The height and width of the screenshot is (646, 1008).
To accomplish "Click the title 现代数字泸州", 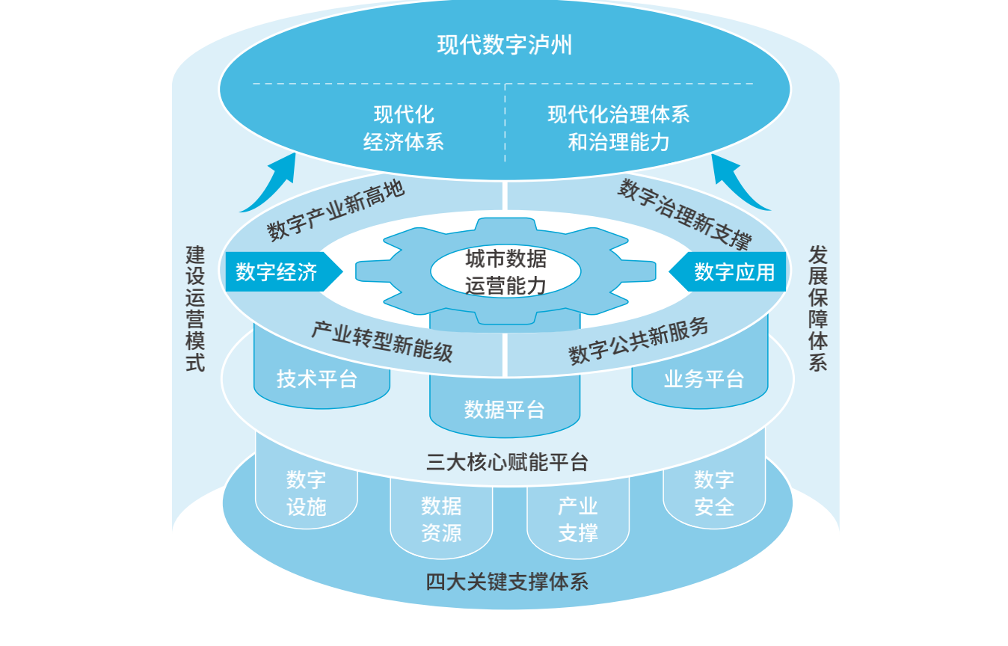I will click(505, 46).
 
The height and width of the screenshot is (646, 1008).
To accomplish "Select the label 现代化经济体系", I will click(404, 129).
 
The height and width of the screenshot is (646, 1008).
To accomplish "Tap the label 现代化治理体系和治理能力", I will click(618, 129).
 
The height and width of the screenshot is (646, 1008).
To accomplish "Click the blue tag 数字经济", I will click(277, 272).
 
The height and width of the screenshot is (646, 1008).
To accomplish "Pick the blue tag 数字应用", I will click(734, 272).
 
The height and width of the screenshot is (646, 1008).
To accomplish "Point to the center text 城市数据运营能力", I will click(505, 272).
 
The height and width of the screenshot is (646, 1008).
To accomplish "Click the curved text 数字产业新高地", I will click(336, 210).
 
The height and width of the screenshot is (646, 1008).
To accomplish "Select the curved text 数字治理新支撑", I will click(683, 214).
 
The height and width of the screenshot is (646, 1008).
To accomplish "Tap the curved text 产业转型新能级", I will click(381, 341).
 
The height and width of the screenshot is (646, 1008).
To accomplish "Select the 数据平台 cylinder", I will click(505, 410).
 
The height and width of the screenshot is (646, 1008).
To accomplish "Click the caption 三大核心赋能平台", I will click(507, 462).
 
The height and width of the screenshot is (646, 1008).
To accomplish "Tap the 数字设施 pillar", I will click(307, 493).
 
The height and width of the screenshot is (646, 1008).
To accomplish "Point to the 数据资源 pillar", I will click(441, 520).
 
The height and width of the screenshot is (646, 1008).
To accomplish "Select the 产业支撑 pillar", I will click(578, 520).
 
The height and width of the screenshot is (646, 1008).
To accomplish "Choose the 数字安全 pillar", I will click(714, 493).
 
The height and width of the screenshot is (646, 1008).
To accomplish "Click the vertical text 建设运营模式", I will click(195, 308).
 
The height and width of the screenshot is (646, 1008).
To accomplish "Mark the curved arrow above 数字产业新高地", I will click(271, 184).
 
